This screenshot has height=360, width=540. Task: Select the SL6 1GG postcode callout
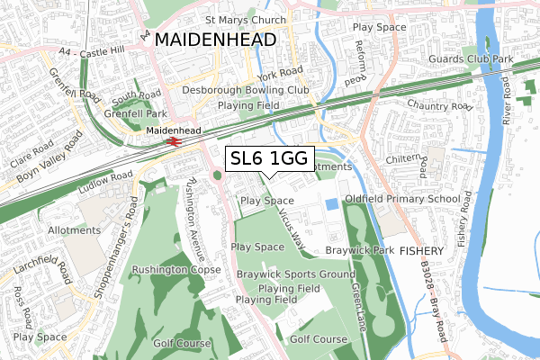[x=269, y=159]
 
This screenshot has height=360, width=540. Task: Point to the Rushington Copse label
[x=176, y=269]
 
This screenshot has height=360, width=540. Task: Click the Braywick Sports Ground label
[x=295, y=274]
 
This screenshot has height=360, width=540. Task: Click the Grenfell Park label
[x=122, y=114]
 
